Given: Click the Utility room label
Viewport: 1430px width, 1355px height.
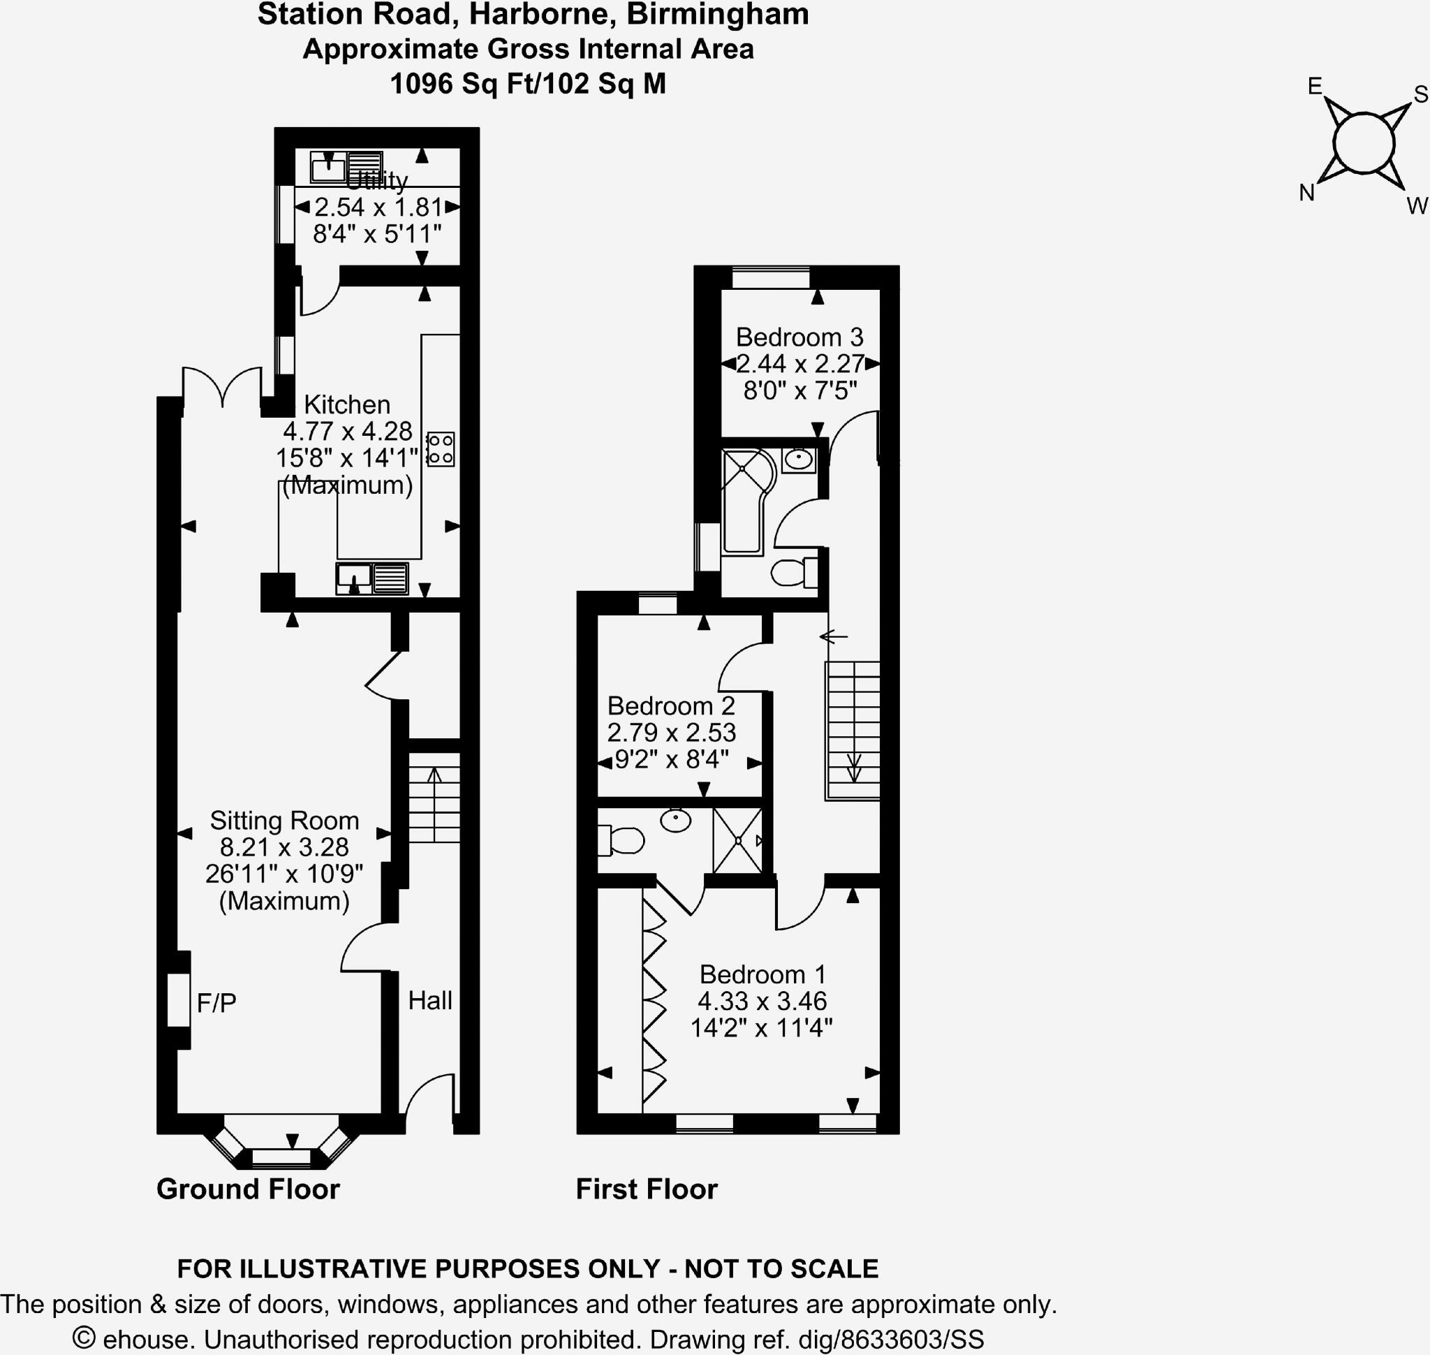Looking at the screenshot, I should [376, 180].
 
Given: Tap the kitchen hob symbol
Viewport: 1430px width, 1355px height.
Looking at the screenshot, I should [441, 448].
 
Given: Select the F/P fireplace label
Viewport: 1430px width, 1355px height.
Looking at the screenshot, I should [216, 1002].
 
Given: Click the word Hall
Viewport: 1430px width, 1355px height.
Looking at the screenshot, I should [429, 1000].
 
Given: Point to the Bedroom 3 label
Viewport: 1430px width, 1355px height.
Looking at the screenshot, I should [799, 337].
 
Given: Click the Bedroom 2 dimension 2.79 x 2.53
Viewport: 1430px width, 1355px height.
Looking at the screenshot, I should [671, 733].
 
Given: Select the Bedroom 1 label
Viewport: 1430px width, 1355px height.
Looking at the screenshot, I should [762, 974].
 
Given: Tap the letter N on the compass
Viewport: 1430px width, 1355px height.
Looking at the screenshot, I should [1306, 193].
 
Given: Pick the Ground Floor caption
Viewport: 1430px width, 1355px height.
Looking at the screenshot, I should [248, 1189].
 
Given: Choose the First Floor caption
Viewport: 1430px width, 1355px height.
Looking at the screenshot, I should [647, 1189].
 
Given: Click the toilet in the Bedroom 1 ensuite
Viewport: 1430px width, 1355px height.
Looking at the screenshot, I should [622, 841].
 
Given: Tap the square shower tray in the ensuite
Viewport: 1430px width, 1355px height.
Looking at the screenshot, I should [737, 841].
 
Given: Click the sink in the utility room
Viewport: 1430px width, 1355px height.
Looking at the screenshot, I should [328, 168].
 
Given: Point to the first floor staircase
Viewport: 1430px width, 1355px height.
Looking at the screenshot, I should [853, 729].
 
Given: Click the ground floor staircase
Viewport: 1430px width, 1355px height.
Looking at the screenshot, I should [434, 798].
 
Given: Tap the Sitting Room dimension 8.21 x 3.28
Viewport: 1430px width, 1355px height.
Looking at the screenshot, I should [283, 847].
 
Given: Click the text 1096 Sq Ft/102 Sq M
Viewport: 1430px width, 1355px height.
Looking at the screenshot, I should [528, 84].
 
